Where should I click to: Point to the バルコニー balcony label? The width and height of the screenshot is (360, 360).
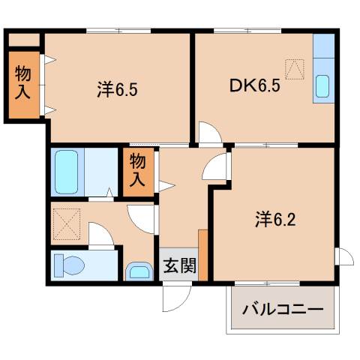282,310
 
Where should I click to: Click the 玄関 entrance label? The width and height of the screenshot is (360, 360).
178,265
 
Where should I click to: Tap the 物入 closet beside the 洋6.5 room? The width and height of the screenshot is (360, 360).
22,82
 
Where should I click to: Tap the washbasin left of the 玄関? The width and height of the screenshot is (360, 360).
138,270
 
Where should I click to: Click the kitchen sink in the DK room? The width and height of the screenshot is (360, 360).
323,86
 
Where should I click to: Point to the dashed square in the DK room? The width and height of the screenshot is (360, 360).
295,68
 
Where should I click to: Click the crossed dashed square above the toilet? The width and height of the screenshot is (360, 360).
66,221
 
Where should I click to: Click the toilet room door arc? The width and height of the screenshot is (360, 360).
101,236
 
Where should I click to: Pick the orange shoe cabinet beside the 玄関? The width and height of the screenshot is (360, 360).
202,254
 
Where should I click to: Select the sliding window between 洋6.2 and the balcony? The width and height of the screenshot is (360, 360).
268,282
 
